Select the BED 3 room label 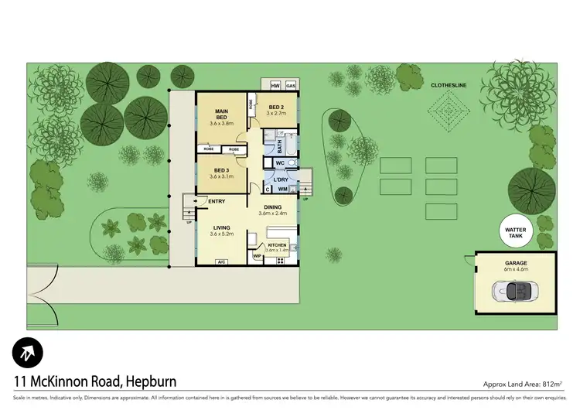(x=221, y=170)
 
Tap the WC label (x=280, y=163)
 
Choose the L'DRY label (x=280, y=179)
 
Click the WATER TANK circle (x=515, y=231)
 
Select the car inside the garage (x=515, y=292)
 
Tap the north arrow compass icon (x=28, y=353)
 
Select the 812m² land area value (x=552, y=384)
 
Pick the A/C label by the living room (x=221, y=261)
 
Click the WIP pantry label (x=257, y=255)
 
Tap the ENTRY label (x=217, y=201)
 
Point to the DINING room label (x=272, y=207)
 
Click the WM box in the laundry (x=283, y=190)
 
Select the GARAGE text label (x=515, y=262)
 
